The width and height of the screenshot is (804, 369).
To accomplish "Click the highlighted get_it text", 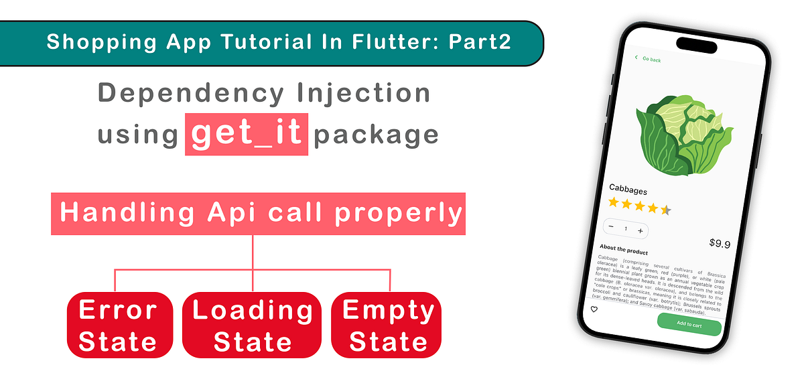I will [x=246, y=134].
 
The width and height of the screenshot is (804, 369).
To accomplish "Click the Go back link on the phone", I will [x=648, y=60].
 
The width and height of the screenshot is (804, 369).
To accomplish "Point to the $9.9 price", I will [x=719, y=244].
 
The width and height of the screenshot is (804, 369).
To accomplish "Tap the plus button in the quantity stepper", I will [x=640, y=230].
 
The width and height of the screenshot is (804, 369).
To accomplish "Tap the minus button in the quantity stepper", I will [x=611, y=227].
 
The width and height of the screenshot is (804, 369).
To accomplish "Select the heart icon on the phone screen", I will [x=594, y=309].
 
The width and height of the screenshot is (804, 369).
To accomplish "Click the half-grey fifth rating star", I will [x=665, y=210].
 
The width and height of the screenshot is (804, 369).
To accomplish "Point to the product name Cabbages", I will [x=628, y=190].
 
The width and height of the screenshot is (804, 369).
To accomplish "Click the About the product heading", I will [x=624, y=250].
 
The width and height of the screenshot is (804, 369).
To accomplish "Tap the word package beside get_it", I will [x=376, y=135].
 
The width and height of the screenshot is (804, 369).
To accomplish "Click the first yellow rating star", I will [x=614, y=202].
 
